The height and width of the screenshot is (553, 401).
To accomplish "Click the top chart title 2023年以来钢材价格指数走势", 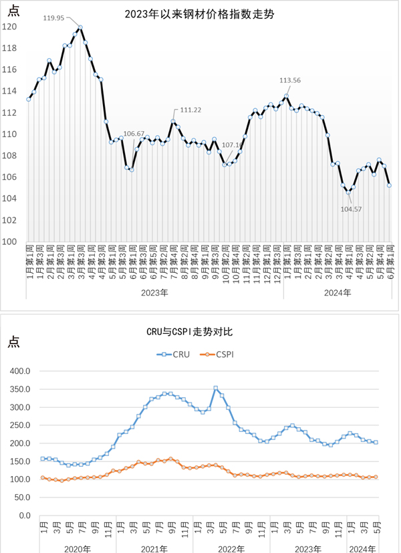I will [200, 13].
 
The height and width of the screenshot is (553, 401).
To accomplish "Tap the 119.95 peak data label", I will [53, 18].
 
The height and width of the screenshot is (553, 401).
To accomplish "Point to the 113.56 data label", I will [290, 80].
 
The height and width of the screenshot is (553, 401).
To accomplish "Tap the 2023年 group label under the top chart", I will [155, 292].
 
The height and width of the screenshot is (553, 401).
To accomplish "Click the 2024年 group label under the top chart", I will [338, 292].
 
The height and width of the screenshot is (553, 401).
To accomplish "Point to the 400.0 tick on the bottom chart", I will [21, 371].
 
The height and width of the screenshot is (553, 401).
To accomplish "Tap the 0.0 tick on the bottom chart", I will [25, 516].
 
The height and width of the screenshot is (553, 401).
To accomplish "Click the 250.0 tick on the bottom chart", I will [21, 425].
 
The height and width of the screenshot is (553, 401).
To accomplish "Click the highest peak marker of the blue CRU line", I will [215, 388].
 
